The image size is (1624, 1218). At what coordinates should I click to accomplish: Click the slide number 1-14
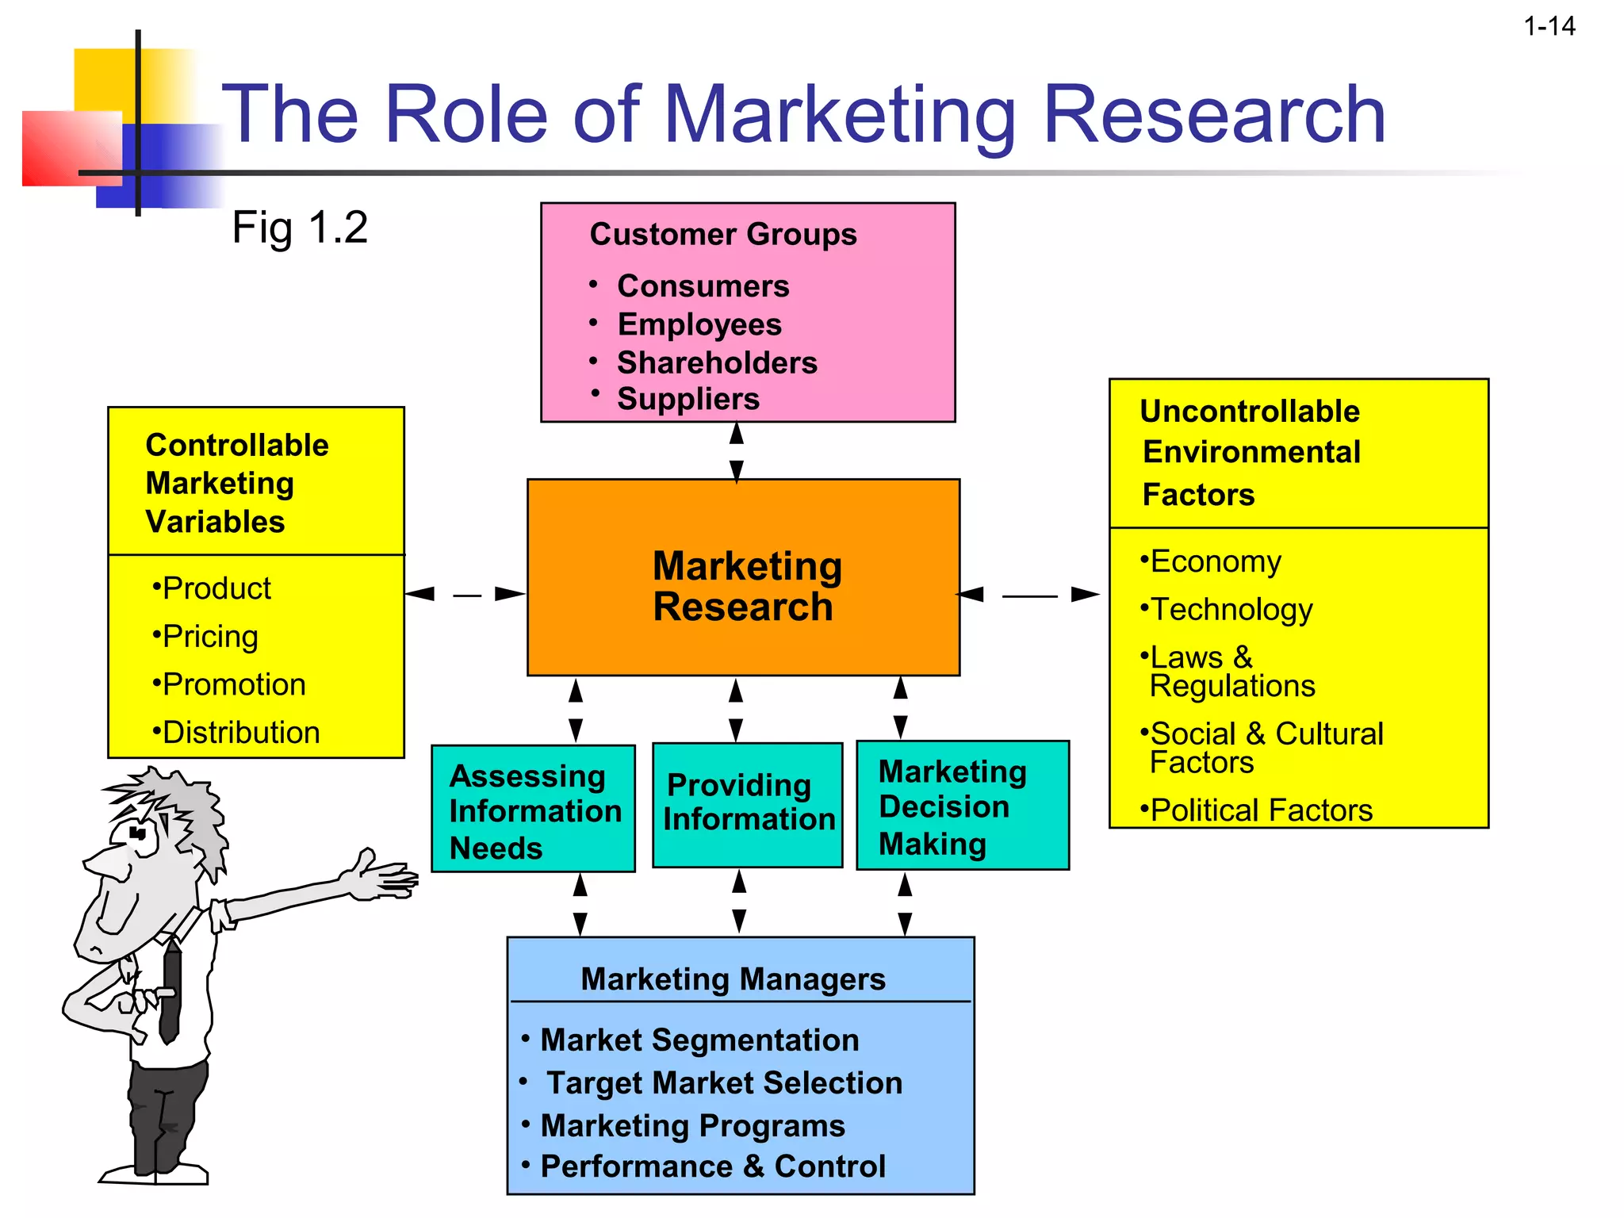coord(1549,27)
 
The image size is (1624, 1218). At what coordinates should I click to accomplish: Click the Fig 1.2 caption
coord(300,228)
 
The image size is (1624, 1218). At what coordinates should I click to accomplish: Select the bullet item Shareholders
coord(716,362)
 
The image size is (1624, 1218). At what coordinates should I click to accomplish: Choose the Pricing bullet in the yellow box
coord(209,637)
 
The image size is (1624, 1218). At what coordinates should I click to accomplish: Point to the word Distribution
coord(240,733)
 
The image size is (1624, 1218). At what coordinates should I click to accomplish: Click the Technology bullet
coord(1231,610)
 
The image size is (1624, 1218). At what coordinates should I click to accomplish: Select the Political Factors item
coord(1261,810)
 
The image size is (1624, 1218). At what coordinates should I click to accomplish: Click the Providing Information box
coord(747,802)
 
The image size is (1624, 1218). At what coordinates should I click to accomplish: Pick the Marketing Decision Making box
coord(962,806)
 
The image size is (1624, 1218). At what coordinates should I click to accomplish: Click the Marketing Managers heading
coord(733,979)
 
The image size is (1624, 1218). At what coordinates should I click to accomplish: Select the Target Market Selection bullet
coord(723,1083)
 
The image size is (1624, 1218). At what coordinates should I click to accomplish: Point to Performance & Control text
coord(712,1166)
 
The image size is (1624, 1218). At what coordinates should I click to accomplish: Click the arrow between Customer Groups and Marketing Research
coord(737,452)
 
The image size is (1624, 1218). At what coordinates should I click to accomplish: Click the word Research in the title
coord(1213,116)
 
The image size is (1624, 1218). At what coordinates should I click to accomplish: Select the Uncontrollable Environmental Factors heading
coord(1251,453)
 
